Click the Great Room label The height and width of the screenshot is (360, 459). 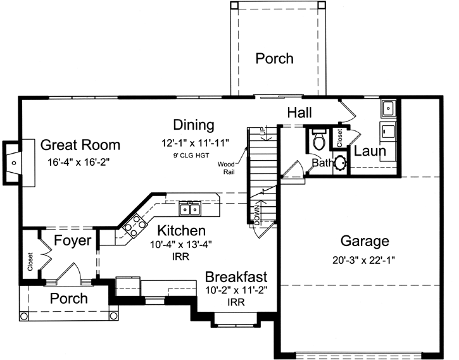[x=80, y=146]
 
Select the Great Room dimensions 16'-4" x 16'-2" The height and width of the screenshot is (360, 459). [x=79, y=162]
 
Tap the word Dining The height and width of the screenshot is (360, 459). [x=194, y=125]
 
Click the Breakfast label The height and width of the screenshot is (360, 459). [x=236, y=277]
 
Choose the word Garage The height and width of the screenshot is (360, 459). [x=365, y=241]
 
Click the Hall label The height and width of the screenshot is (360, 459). [x=299, y=113]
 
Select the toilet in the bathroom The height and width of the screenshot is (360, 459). [x=318, y=139]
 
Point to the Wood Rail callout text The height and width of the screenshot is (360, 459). [x=229, y=166]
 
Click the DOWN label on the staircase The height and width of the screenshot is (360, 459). [x=257, y=214]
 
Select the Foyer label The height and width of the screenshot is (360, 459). [x=70, y=241]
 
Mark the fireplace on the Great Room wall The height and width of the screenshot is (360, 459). [x=13, y=163]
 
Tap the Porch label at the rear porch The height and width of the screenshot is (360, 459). [x=274, y=59]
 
